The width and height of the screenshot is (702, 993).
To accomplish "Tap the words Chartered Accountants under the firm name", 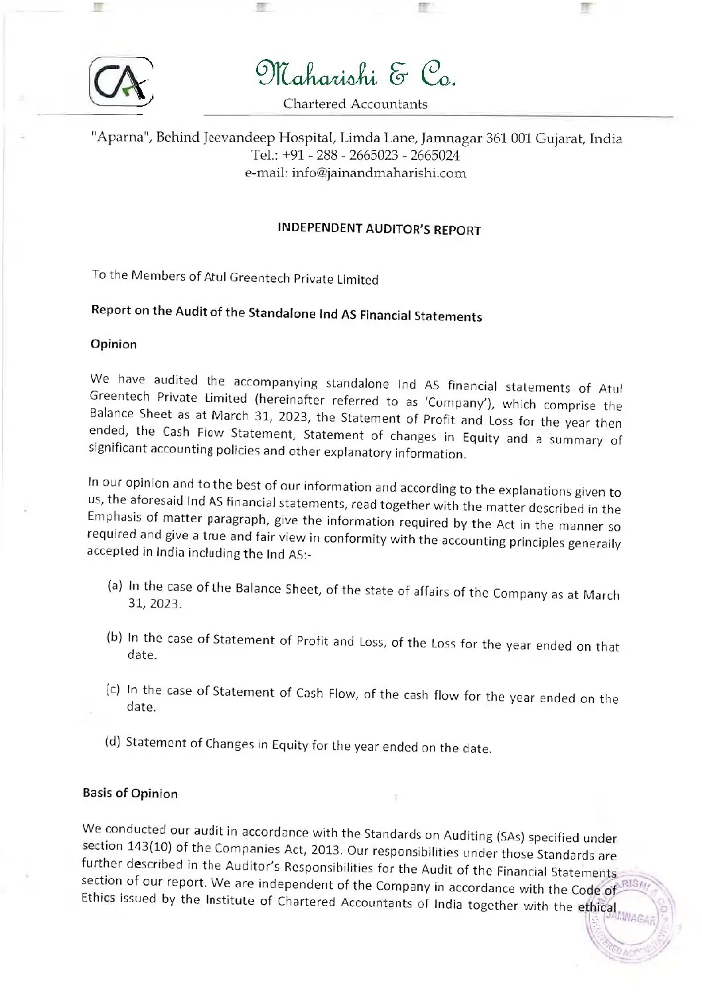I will tap(355, 104).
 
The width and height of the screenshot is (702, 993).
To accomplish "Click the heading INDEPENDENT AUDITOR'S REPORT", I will tap(379, 230).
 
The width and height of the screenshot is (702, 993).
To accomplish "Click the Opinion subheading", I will tap(113, 344).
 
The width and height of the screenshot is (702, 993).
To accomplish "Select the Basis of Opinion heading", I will tap(130, 793).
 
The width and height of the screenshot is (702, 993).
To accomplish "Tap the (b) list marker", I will tap(114, 637).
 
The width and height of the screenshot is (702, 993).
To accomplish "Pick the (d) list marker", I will tap(113, 740).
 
